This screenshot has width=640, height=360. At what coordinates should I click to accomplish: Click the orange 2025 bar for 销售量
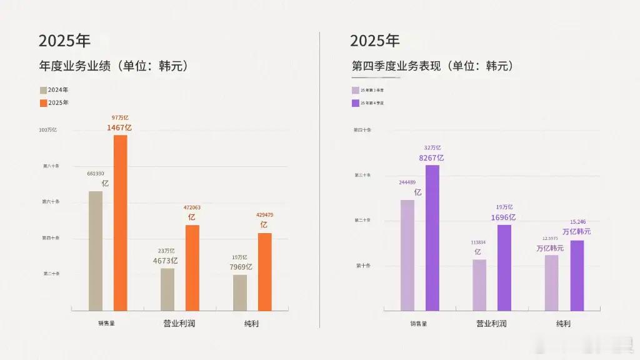pos(120,222)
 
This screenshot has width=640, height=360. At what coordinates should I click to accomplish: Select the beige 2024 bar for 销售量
pos(96,251)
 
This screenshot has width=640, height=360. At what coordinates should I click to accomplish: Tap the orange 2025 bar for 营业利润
pos(192,267)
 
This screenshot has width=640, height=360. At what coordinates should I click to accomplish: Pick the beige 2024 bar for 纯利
pos(240,292)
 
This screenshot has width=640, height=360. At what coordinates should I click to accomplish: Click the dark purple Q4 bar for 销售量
pos(432,237)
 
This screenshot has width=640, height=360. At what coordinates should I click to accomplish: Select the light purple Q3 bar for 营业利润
pos(479,285)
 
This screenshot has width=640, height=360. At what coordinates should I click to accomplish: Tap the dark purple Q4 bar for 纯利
pos(577,276)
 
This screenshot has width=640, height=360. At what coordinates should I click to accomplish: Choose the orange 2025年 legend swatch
pos(43,102)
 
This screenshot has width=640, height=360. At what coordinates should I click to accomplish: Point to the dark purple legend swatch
pos(355,102)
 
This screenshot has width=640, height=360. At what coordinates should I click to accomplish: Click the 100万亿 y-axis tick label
pos(48,130)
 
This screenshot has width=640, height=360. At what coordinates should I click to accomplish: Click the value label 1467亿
pos(119,127)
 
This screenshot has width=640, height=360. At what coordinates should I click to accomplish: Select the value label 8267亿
pos(432,158)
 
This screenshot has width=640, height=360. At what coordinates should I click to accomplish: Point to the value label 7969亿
pos(241,267)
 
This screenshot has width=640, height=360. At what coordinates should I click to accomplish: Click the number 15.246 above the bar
pos(577,222)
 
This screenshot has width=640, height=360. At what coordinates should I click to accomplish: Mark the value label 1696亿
pos(503,217)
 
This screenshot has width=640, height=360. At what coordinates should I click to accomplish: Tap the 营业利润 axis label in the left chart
pos(179,324)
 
